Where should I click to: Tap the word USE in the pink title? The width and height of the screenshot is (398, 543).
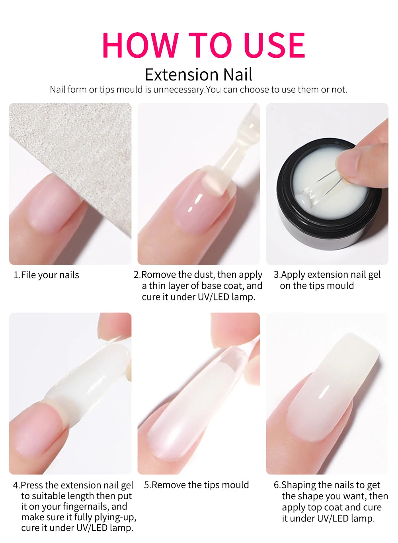pos(274,45)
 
